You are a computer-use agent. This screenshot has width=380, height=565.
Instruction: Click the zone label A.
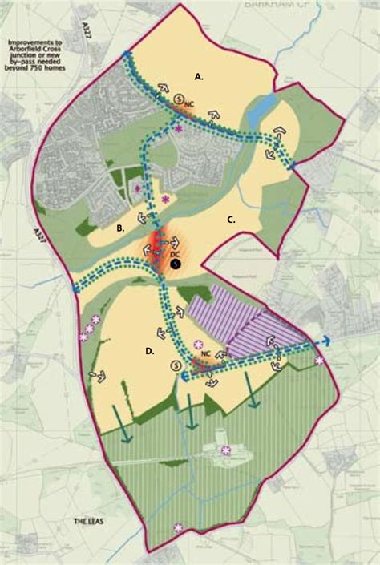pyautogui.click(x=200, y=77)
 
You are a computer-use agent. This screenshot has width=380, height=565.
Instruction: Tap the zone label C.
pyautogui.click(x=231, y=220)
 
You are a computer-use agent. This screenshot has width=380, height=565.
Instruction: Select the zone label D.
pyautogui.click(x=151, y=350)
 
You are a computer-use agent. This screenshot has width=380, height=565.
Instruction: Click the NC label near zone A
pyautogui.click(x=188, y=105)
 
